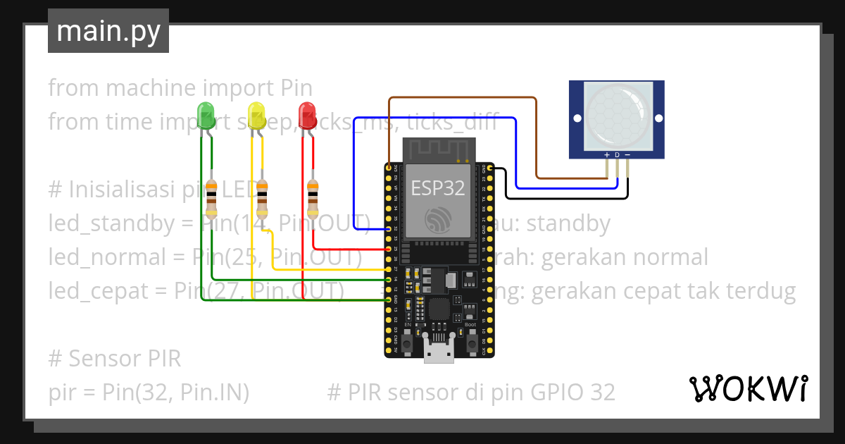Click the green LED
point(206,115)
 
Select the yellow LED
point(256,115)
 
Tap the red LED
point(307,115)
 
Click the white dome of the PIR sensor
point(617,115)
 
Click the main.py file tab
point(108,31)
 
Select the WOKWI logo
point(747,388)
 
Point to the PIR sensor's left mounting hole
point(577,118)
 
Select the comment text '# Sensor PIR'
point(115,359)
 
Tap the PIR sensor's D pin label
point(617,154)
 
